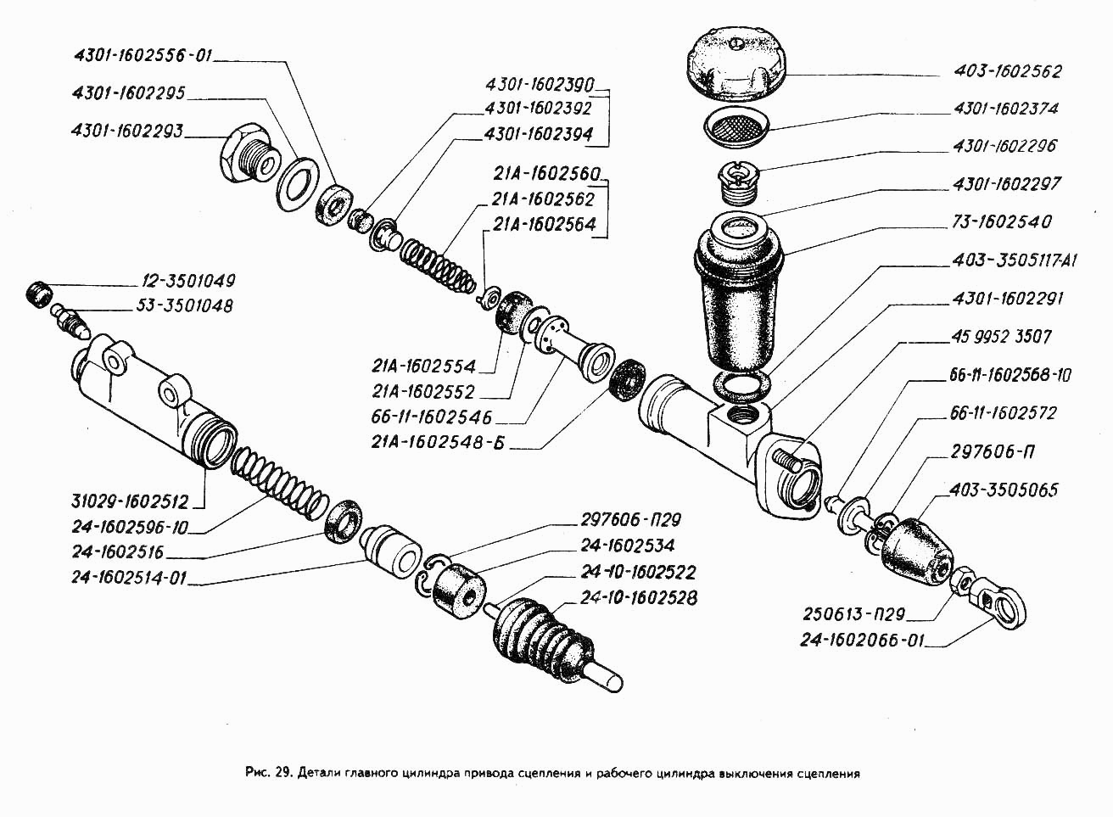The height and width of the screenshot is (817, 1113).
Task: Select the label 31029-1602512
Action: (131, 501)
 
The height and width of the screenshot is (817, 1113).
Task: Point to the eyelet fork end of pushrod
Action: (1004, 606)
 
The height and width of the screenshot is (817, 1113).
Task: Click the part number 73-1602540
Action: (1003, 222)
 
